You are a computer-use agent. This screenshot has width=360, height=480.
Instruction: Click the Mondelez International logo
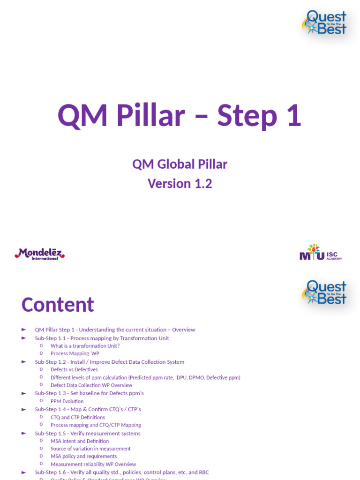coord(39,254)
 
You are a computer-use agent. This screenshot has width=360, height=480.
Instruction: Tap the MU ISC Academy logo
coord(321,253)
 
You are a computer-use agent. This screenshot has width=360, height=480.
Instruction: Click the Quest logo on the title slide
coord(325,22)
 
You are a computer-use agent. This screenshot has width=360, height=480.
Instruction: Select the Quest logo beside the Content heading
coord(325,292)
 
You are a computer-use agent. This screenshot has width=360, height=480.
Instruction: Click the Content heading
coord(58,305)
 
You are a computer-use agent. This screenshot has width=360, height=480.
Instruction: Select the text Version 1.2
coord(180,183)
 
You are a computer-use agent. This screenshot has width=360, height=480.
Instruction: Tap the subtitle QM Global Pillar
coord(180,164)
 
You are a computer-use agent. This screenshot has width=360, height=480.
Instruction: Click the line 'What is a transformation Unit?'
coord(85,346)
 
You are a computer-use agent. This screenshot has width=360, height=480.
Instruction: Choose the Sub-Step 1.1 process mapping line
coord(102,338)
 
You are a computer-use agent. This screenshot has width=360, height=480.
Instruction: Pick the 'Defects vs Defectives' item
coord(74,369)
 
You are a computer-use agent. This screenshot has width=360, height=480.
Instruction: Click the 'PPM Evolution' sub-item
coord(67,401)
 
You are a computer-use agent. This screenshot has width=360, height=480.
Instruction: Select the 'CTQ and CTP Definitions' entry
coord(78,417)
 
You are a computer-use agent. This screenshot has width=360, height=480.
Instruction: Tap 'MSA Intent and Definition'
coord(80,441)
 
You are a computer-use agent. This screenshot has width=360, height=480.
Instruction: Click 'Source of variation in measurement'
coord(90,449)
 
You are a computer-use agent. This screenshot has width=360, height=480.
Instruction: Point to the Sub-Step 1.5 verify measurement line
coord(87,434)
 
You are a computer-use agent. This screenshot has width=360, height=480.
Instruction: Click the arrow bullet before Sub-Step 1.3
coord(24,393)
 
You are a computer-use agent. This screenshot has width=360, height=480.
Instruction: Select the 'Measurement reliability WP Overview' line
coord(93,465)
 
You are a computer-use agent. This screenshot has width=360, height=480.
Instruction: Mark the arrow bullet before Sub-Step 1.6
coord(24,472)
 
